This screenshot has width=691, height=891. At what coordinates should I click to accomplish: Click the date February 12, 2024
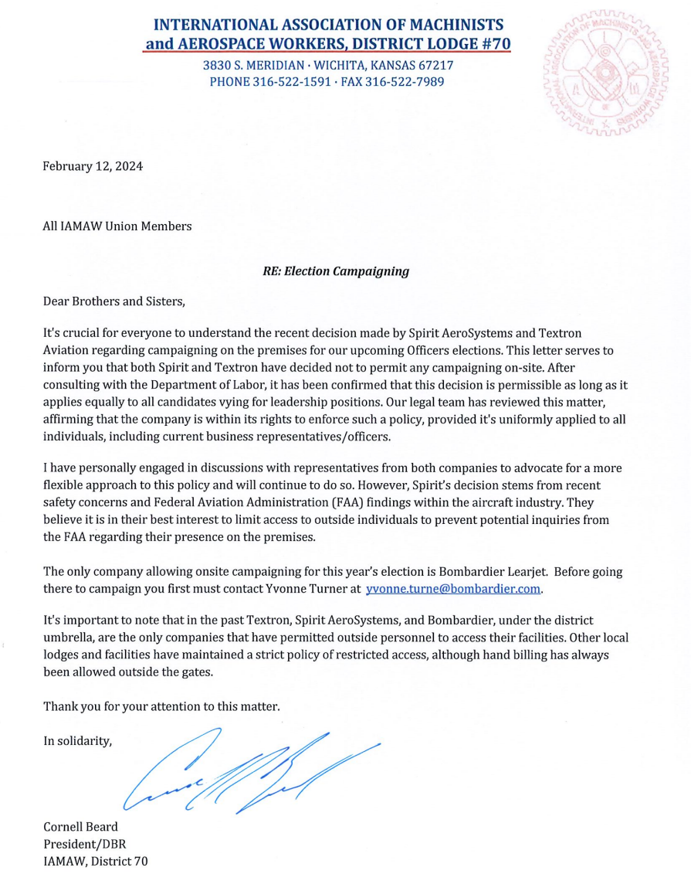93,166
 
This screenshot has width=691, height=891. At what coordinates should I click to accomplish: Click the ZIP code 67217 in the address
435,65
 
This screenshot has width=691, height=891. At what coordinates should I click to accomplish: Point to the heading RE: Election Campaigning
336,271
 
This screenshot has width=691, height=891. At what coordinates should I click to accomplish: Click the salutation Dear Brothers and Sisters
114,301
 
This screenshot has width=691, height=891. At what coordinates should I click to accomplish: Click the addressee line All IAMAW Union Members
117,226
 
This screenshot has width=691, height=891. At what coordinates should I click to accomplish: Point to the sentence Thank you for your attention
161,706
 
